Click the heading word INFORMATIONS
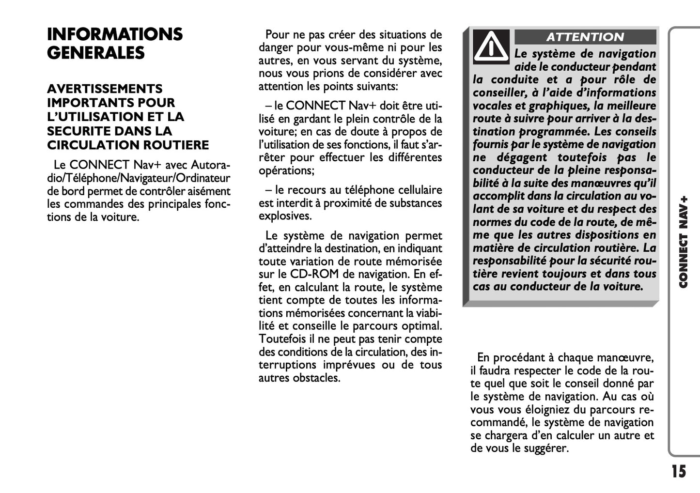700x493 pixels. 115,34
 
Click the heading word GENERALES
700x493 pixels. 96,53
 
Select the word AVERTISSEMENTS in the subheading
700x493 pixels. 105,89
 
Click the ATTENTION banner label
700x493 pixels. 585,37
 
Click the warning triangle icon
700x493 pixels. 491,46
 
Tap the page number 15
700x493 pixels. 679,471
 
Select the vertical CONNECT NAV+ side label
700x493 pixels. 684,242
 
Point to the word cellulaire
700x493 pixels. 420,190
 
